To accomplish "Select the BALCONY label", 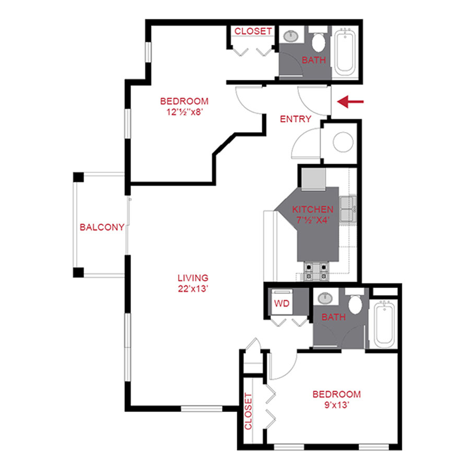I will click(x=102, y=227).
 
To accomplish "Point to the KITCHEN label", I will click(x=313, y=209).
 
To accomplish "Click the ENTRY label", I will click(x=296, y=119).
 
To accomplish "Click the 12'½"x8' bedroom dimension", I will click(x=184, y=111).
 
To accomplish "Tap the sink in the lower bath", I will click(x=326, y=298).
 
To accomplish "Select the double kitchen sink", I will click(x=348, y=209).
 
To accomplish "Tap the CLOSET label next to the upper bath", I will click(x=253, y=31).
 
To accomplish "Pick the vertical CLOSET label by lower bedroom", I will click(x=248, y=411).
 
